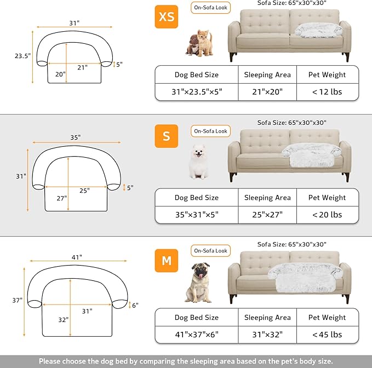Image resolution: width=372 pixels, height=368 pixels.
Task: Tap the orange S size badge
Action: click(167, 136)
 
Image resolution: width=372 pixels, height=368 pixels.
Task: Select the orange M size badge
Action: click(167, 261)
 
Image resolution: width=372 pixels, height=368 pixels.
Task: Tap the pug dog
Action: click(198, 283)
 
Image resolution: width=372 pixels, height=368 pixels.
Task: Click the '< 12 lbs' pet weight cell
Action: click(327, 91)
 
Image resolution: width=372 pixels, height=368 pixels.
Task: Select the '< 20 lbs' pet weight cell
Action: click(327, 215)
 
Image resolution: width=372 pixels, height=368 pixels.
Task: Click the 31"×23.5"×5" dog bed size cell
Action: click(196, 91)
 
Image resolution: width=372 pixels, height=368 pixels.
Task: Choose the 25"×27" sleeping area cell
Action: click(267, 215)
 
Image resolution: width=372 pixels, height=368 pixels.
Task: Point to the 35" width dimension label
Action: click(75, 137)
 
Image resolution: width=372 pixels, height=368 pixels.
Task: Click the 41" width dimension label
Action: click(76, 257)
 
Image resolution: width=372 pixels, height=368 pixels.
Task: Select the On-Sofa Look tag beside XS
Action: click(211, 8)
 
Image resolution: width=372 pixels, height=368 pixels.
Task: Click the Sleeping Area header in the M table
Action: click(267, 318)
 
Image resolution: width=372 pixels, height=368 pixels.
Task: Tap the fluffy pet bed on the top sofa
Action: click(318, 31)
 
